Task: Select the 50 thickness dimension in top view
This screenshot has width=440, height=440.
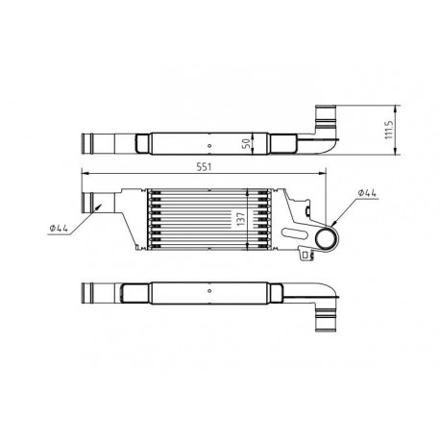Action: coord(250,141)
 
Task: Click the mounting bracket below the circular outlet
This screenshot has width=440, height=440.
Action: coord(309,254)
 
